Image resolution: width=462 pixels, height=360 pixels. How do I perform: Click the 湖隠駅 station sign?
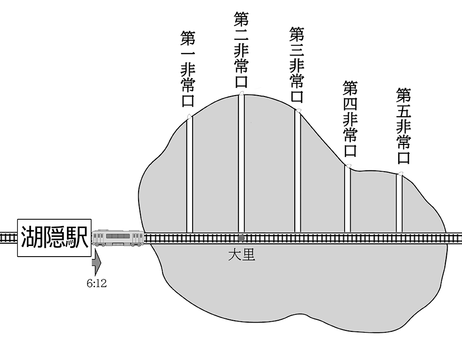point(54,238)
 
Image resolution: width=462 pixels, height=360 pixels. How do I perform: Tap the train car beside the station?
point(118,238)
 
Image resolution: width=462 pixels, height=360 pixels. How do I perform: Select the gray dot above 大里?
point(241,238)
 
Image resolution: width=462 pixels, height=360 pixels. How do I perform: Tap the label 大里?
point(241,254)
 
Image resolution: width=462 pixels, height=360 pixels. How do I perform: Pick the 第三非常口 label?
point(296,65)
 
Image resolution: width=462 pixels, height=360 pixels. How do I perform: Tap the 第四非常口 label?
point(350,119)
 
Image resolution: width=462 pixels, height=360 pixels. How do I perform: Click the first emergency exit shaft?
point(189,175)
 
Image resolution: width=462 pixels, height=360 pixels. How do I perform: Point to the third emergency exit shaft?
point(298,171)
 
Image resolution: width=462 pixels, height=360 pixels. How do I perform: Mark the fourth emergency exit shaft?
point(347,198)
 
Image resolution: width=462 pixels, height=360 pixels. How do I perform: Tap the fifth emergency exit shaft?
point(399,203)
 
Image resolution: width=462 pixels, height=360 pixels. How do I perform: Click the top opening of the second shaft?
point(241,94)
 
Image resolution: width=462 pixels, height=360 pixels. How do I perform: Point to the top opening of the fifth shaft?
point(400,174)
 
